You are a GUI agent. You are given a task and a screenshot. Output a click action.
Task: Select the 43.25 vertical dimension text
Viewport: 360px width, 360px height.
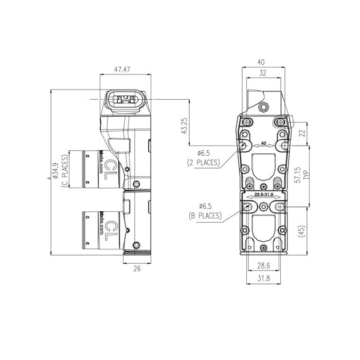click(184, 127)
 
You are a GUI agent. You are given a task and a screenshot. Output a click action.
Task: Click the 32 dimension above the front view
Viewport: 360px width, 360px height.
click(263, 73)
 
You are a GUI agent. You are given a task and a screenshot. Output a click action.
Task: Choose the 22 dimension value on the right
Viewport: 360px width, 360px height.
click(302, 134)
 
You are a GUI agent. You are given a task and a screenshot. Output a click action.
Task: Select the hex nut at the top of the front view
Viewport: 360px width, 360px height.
click(264, 107)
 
